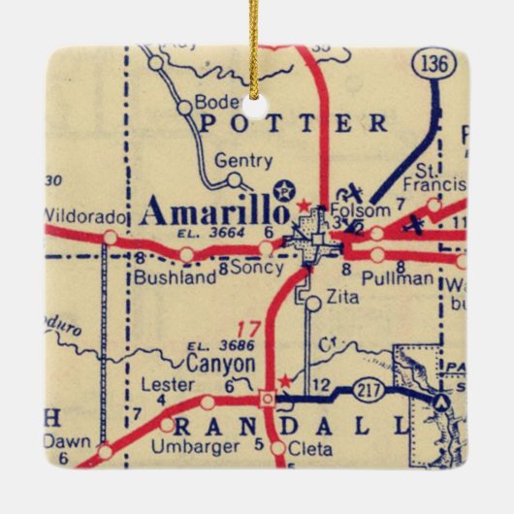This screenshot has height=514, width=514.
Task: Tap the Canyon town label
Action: [220, 365]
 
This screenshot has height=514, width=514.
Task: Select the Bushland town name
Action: [174, 277]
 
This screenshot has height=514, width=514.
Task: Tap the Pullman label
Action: [395, 278]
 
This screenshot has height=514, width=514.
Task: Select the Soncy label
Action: [258, 268]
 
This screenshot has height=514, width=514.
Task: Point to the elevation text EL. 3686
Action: [210, 346]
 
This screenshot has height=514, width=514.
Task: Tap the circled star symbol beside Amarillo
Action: [283, 190]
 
